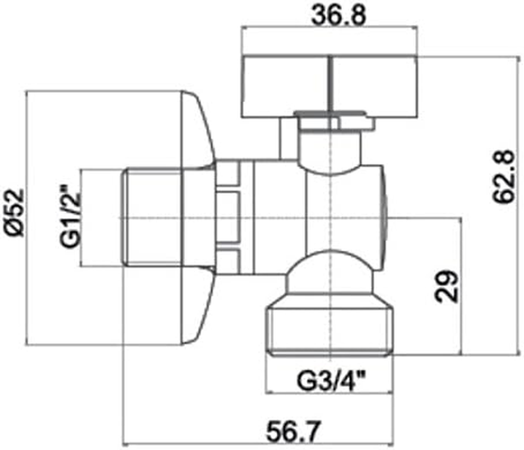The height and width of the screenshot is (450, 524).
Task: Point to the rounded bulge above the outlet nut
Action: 330,273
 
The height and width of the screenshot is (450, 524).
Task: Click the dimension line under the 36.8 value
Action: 330,26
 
